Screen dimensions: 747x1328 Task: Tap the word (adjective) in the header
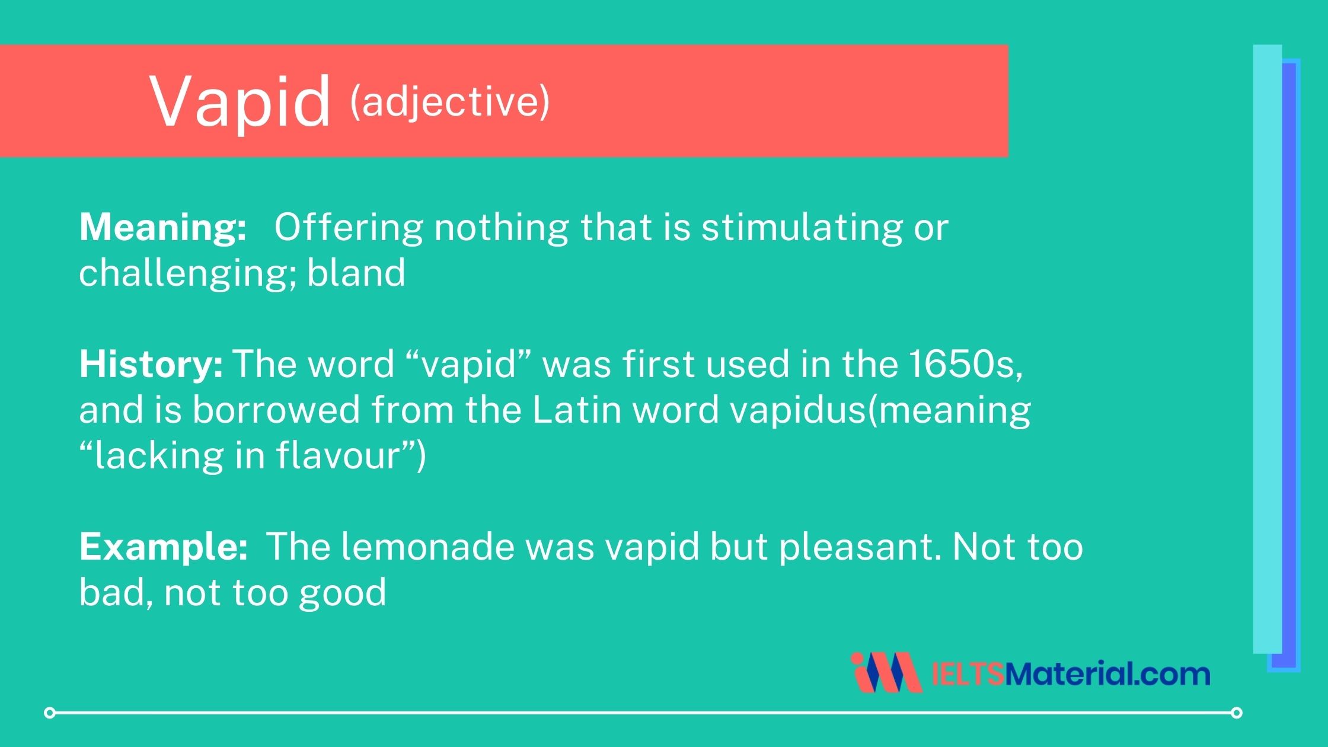tap(450, 101)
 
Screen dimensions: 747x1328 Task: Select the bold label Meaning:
tap(163, 227)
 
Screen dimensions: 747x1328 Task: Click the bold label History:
tap(151, 363)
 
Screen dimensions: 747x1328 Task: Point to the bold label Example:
tap(164, 546)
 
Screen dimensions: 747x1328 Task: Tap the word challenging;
tap(188, 273)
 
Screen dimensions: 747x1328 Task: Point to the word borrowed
tap(276, 410)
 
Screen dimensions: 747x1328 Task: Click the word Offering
tap(349, 227)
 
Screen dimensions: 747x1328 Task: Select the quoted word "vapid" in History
tap(470, 363)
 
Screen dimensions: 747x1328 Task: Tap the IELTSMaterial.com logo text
tap(1070, 673)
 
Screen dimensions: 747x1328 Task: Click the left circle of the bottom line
tap(50, 712)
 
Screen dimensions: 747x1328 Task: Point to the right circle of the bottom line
tap(1236, 712)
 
